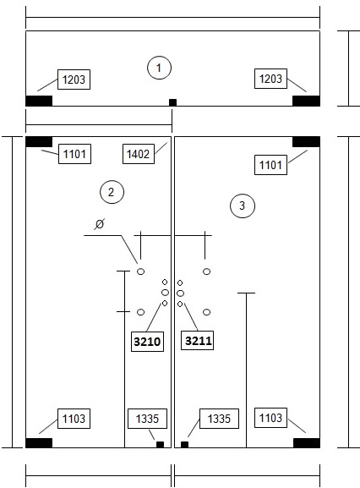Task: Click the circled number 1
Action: pyautogui.click(x=159, y=68)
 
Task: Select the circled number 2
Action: pyautogui.click(x=112, y=192)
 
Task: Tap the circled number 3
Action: pyautogui.click(x=243, y=206)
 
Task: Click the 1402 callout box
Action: pyautogui.click(x=139, y=154)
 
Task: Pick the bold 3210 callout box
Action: pyautogui.click(x=147, y=342)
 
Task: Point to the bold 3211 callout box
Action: pyautogui.click(x=198, y=341)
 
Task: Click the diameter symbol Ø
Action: pyautogui.click(x=99, y=224)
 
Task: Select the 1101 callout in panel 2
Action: pyautogui.click(x=74, y=154)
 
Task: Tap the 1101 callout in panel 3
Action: pyautogui.click(x=270, y=165)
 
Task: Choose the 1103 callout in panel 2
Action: pyautogui.click(x=74, y=419)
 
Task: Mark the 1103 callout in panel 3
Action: pyautogui.click(x=270, y=418)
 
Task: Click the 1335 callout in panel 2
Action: pyautogui.click(x=147, y=419)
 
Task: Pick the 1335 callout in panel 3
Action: pyautogui.click(x=219, y=419)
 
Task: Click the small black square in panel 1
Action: pyautogui.click(x=173, y=102)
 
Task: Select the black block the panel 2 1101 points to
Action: pyautogui.click(x=39, y=141)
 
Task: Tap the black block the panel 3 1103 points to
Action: pyautogui.click(x=307, y=443)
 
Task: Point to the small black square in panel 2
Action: pyautogui.click(x=160, y=444)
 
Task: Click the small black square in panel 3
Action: pyautogui.click(x=185, y=444)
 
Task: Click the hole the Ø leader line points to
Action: pyautogui.click(x=141, y=271)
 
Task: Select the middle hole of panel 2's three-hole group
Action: pyautogui.click(x=165, y=293)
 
